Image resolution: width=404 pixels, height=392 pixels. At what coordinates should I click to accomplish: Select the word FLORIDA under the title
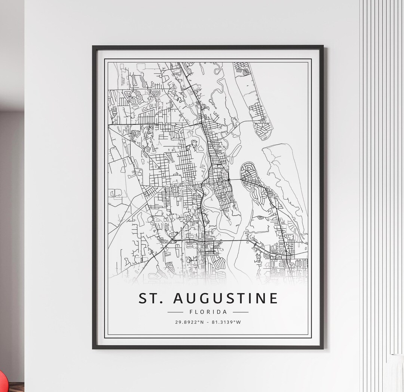click(208, 312)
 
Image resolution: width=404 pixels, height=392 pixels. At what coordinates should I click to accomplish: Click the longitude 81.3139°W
click(227, 322)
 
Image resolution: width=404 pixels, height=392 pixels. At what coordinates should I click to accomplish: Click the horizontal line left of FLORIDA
click(175, 312)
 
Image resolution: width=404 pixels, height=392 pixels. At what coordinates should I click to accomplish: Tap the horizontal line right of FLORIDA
click(241, 312)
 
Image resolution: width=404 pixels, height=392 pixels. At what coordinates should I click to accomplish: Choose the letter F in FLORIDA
click(192, 312)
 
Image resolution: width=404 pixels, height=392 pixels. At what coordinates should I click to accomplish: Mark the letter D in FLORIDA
click(219, 312)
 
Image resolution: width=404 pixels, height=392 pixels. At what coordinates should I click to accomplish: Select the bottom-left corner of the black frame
click(94, 348)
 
